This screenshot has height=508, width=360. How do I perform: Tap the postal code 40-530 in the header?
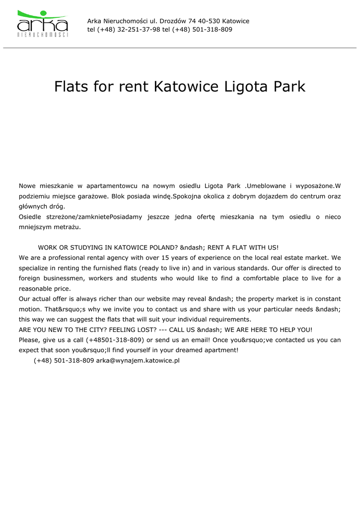pyautogui.click(x=209, y=21)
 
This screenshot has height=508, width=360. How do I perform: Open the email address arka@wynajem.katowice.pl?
pyautogui.click(x=138, y=361)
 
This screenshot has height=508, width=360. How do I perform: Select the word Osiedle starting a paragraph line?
pyautogui.click(x=31, y=217)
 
